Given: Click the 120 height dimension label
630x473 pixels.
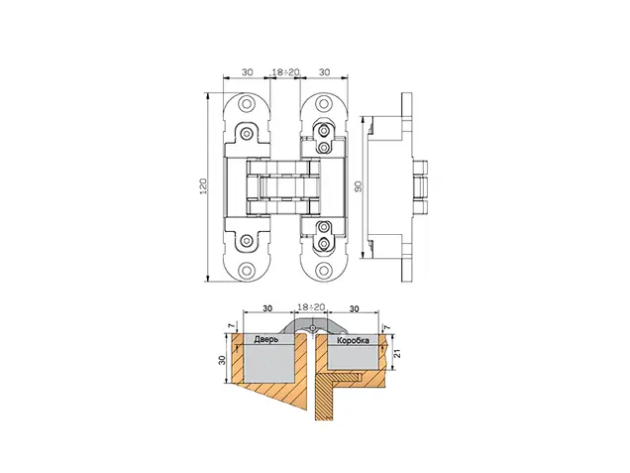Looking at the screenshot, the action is click(x=204, y=185).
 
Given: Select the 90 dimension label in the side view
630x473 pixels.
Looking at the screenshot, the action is click(x=359, y=186).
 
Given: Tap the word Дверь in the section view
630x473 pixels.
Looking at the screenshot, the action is click(x=266, y=340).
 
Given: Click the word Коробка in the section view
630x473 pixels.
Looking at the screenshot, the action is click(x=354, y=341).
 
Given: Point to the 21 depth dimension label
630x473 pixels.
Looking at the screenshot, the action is click(x=398, y=354).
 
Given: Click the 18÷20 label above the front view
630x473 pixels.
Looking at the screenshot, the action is click(x=285, y=72).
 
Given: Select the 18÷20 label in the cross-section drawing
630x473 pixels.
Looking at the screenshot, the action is click(x=311, y=307).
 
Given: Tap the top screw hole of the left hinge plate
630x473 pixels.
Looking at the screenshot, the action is click(x=247, y=104).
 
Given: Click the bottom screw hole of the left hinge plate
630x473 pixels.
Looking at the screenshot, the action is click(x=247, y=270).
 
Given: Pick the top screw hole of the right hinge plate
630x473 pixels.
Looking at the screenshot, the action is click(x=324, y=104).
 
